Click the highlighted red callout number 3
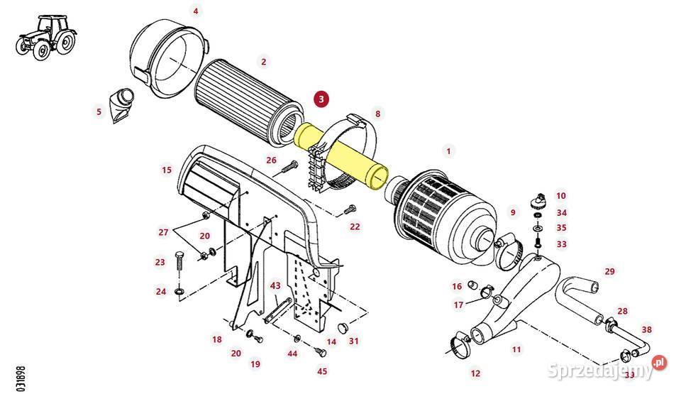point(321,99)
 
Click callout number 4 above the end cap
point(196,11)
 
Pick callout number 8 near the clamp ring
point(377,113)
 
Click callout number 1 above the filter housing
point(447,151)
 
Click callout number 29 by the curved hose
point(609,271)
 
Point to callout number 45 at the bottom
point(322,371)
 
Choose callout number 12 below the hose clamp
point(475,373)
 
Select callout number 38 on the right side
point(646,329)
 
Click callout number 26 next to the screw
point(271,160)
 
